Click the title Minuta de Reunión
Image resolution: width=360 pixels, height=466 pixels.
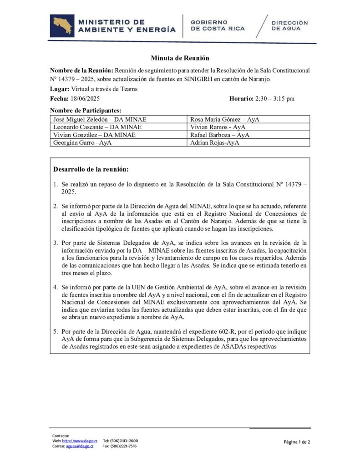[180, 58]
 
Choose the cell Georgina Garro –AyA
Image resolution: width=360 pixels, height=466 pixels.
[83, 142]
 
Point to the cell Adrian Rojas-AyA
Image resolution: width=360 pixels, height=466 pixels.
[214, 142]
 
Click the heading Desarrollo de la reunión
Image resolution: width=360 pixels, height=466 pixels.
[91, 169]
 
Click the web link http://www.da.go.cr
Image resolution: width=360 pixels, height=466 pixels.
[80, 441]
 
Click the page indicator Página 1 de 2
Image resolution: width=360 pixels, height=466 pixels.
[297, 442]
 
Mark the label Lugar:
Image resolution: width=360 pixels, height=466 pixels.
[59, 89]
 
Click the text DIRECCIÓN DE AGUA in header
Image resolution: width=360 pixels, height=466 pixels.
[289, 25]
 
